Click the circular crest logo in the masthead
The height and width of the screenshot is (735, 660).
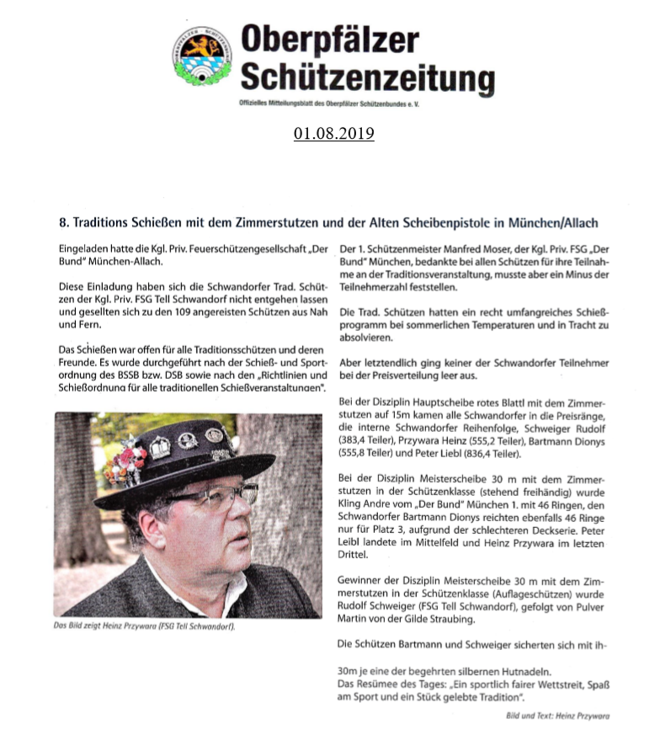click(x=203, y=55)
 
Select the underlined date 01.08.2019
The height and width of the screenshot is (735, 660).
click(x=334, y=134)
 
